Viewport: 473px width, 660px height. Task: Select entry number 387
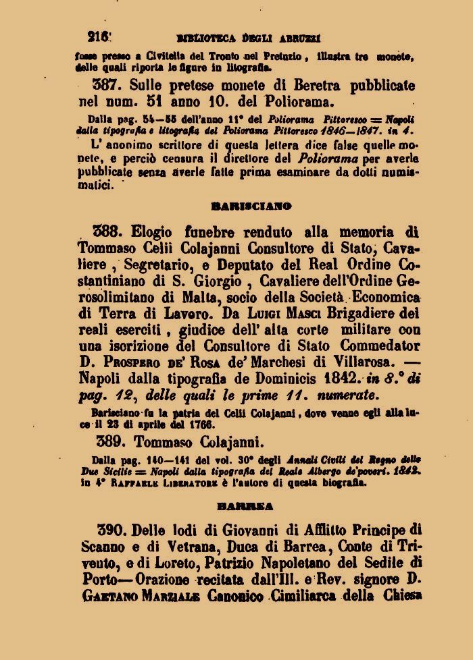105,86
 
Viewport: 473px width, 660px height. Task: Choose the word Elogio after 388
159,231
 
